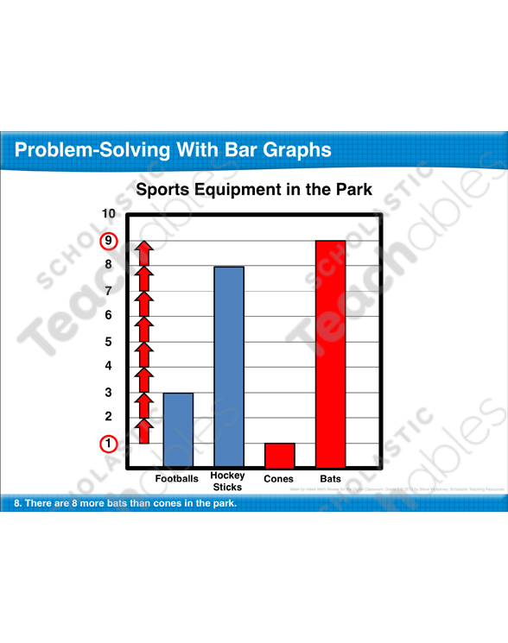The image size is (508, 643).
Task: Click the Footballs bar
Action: [178, 430]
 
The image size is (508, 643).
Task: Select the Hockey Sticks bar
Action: [229, 367]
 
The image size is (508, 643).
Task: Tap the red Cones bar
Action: [279, 455]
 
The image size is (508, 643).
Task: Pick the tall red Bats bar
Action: [330, 354]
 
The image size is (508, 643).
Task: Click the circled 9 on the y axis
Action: [109, 241]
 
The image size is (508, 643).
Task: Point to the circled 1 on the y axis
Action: [109, 444]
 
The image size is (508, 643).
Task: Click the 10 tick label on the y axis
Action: [108, 214]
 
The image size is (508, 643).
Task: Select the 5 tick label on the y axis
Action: [109, 341]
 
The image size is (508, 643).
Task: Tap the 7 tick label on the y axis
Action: [109, 291]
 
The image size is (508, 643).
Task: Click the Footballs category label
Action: [177, 478]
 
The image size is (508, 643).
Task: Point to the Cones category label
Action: [279, 478]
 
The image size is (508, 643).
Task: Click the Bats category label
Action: [330, 478]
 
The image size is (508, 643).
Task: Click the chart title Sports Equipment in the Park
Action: [254, 189]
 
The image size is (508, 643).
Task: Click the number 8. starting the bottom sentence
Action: [18, 502]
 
